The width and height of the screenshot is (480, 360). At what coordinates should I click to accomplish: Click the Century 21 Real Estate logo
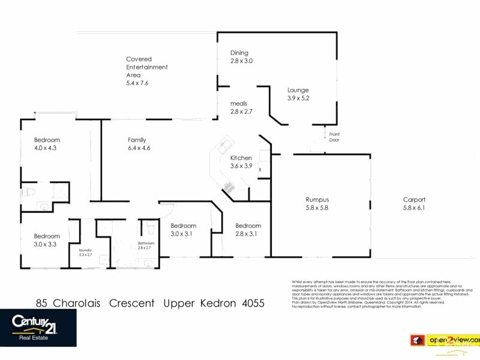click(38, 327)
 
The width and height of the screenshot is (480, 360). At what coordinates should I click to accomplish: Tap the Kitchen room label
click(241, 158)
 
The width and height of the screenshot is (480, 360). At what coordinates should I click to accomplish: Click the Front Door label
click(334, 136)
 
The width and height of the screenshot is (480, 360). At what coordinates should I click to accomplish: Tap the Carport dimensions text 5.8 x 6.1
click(414, 208)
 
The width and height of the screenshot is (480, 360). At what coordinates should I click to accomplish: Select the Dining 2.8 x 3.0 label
click(241, 57)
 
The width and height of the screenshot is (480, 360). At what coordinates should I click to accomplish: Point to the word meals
click(239, 104)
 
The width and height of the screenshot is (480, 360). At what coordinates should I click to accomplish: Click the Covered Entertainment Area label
click(146, 71)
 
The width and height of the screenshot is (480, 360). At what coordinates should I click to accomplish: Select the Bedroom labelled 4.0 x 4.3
click(47, 143)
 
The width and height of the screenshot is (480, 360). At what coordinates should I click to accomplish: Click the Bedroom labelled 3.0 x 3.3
click(47, 240)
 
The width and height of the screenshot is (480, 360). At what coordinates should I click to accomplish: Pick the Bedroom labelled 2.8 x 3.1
click(246, 230)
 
